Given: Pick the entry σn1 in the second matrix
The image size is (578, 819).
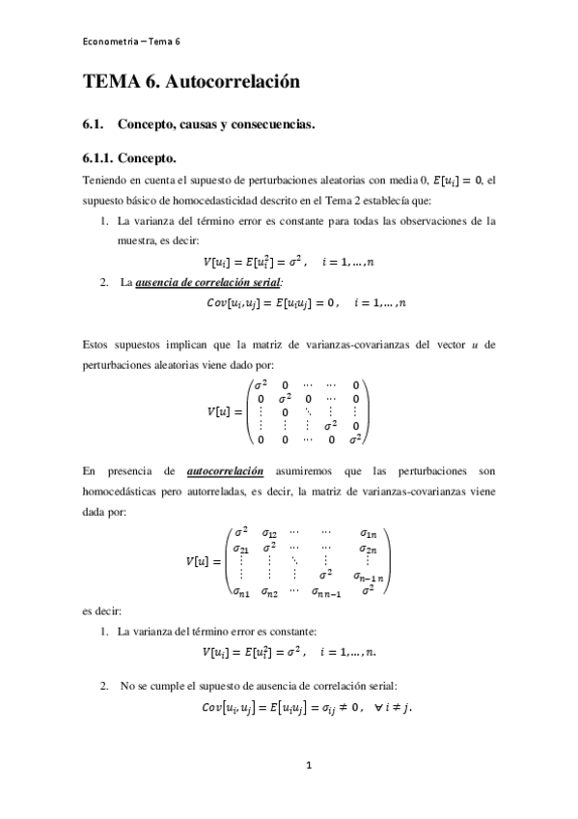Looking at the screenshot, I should tap(238, 591).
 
